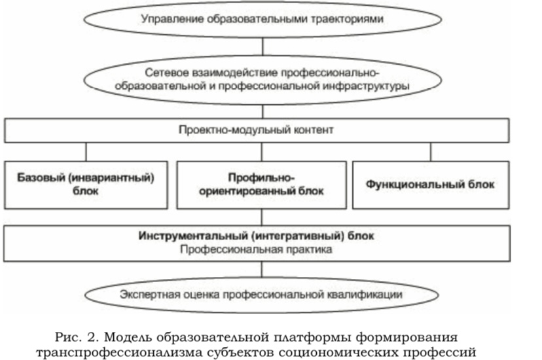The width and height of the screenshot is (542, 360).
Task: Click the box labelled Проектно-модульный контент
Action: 257,130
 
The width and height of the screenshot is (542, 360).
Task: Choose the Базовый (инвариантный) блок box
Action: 86,185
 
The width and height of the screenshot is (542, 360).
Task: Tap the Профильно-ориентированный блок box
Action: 261,185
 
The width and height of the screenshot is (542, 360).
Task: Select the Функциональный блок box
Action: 431,185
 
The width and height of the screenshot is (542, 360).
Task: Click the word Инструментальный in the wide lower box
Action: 192,236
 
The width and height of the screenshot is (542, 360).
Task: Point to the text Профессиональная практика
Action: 256,249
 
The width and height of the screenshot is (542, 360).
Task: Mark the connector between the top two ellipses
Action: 262,46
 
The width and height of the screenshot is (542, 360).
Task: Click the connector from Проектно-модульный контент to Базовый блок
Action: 86,152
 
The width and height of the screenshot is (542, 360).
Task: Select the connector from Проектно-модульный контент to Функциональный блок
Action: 431,152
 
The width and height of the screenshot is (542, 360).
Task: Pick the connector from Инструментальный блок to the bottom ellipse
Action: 262,269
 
